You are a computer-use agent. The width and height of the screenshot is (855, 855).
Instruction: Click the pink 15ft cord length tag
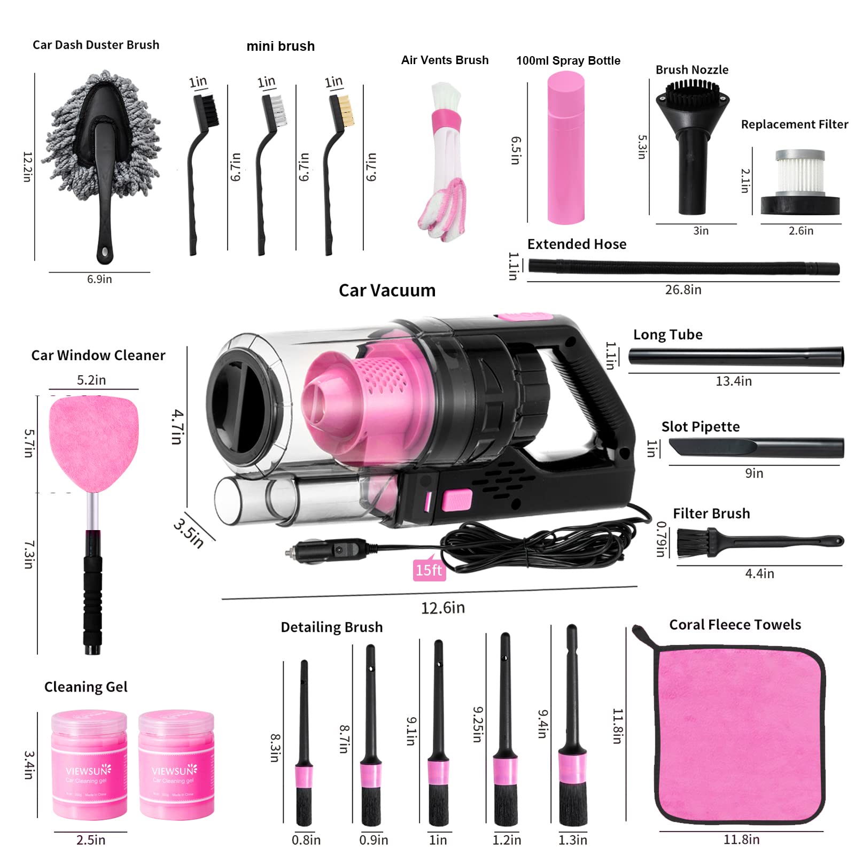click(429, 570)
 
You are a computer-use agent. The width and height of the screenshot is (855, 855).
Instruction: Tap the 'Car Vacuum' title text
click(387, 290)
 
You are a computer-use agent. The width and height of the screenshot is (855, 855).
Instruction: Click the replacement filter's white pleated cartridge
click(800, 174)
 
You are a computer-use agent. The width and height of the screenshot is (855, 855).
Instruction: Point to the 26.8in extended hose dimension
click(683, 290)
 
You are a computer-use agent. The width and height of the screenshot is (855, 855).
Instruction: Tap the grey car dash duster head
click(102, 134)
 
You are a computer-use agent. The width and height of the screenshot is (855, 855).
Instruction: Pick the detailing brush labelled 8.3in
click(304, 748)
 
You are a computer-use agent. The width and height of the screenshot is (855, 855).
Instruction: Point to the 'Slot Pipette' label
click(700, 426)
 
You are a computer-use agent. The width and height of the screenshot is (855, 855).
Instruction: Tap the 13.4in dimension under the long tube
click(733, 381)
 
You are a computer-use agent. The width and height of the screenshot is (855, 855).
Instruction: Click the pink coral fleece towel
click(740, 735)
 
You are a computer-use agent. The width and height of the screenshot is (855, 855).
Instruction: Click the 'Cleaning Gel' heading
click(85, 687)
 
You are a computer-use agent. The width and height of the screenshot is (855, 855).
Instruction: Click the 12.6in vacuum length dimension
click(442, 608)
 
